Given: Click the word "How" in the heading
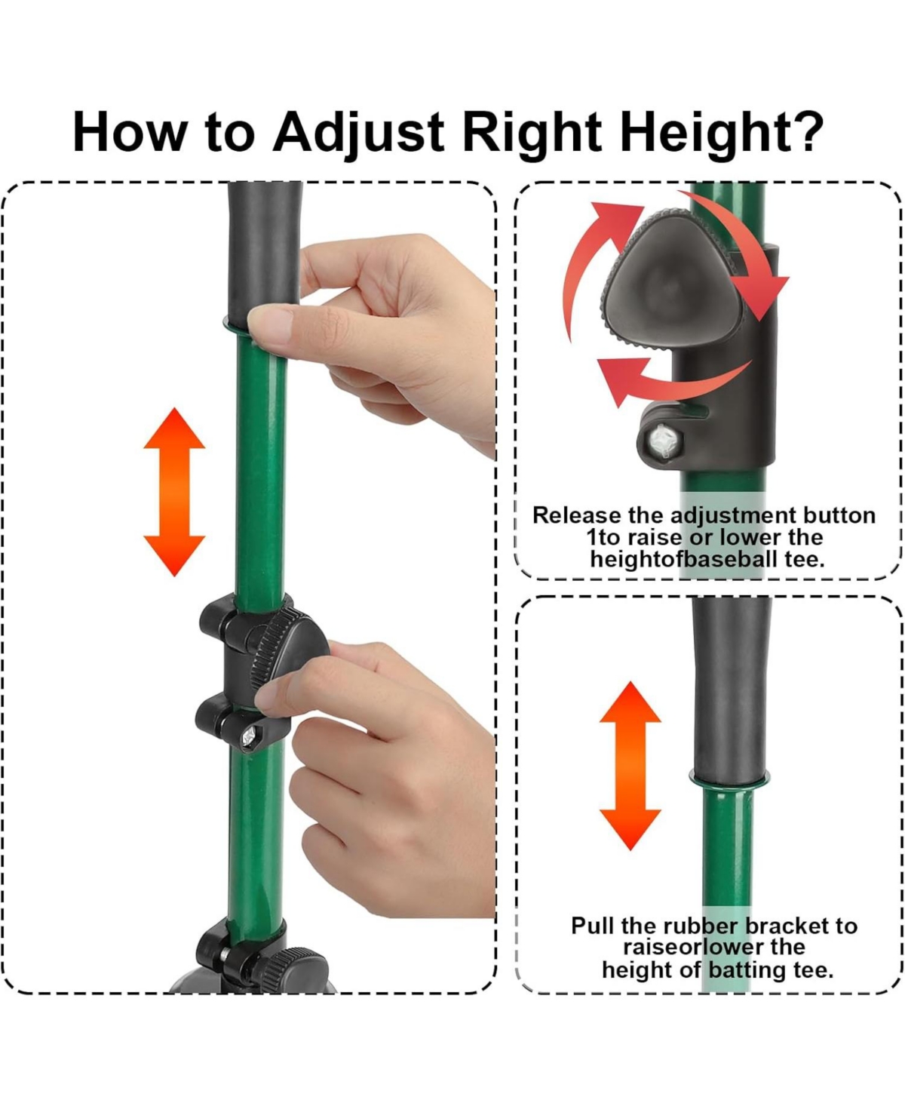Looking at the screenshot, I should coord(129,132).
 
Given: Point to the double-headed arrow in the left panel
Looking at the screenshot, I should coord(174,492).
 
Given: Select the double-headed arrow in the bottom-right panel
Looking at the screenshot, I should coord(630,766).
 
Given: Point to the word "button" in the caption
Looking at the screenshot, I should coord(839,515).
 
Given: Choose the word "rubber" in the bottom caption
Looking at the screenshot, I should coord(701,926).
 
